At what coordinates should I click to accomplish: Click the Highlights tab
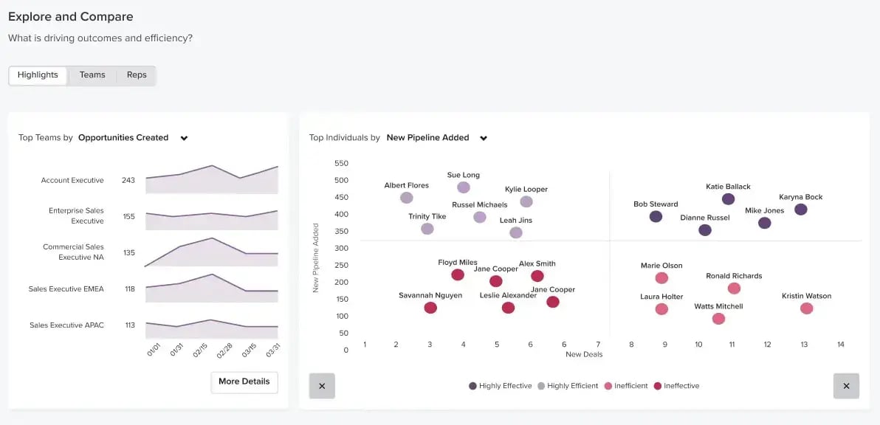38,75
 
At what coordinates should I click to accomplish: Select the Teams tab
92,75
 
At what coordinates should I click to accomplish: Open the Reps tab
137,75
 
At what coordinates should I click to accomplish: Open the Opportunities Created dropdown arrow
185,138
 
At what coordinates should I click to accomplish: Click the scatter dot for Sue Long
464,187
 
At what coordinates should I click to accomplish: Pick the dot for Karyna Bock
800,210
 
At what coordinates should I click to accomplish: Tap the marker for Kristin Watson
806,308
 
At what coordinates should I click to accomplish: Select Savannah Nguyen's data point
430,308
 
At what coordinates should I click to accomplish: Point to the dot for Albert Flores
406,198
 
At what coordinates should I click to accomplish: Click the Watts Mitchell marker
718,319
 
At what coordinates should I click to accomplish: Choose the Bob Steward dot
656,216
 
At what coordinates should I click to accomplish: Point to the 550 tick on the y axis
341,163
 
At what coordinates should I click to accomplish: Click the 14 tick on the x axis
840,345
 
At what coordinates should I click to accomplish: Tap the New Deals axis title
584,355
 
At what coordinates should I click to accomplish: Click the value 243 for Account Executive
128,181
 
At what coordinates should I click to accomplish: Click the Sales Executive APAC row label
66,325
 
